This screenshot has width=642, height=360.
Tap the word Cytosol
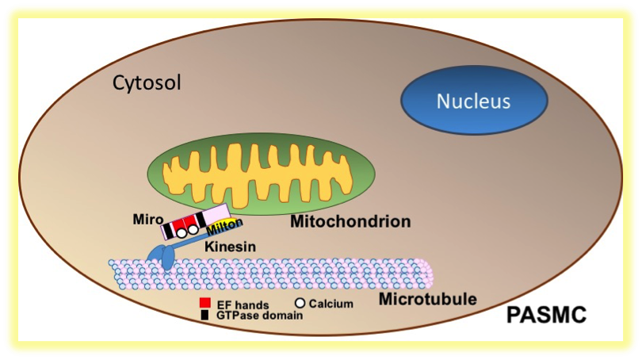[147, 82]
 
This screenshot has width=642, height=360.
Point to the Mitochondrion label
[350, 221]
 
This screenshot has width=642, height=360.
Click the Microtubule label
[427, 299]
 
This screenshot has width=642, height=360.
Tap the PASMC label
[546, 316]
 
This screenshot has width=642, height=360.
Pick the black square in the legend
[204, 315]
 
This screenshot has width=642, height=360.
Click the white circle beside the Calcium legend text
[300, 303]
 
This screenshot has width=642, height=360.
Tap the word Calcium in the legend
[331, 303]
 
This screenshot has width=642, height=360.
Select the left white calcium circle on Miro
[180, 233]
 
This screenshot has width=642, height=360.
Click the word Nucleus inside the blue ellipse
[474, 101]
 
